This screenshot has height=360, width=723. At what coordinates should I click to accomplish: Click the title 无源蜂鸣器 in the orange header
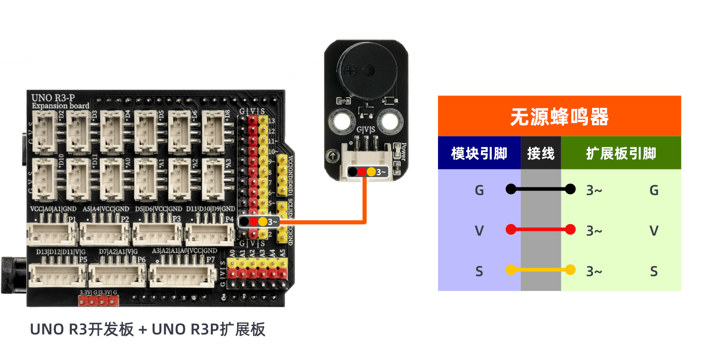click(559, 117)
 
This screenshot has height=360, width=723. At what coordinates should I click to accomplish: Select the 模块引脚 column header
click(479, 153)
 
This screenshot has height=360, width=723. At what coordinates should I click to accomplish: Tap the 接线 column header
click(541, 153)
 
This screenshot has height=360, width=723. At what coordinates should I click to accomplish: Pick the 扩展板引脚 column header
click(621, 153)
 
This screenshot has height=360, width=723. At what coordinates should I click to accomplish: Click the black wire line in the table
click(541, 189)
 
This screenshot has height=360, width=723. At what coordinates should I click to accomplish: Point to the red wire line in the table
click(541, 229)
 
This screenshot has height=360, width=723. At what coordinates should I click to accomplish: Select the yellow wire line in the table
click(541, 270)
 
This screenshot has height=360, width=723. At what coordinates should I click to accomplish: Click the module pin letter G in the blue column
click(479, 190)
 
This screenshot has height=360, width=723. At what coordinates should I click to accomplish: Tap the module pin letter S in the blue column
click(479, 271)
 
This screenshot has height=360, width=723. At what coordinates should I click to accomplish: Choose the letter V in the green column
click(653, 231)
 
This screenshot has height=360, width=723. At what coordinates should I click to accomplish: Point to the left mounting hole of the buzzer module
click(342, 121)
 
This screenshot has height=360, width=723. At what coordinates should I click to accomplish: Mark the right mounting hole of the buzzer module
click(389, 121)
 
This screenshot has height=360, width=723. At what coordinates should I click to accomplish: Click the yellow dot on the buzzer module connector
click(371, 172)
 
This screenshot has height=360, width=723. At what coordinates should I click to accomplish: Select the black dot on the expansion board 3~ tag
click(244, 222)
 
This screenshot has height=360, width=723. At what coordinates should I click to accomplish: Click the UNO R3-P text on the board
click(53, 98)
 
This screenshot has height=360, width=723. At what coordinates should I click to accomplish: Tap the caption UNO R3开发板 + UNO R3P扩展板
click(147, 329)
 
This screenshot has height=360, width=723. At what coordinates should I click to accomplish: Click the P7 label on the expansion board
click(210, 260)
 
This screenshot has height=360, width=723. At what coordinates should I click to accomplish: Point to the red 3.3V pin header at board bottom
click(98, 301)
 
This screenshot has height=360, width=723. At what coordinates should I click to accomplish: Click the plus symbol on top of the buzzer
click(350, 70)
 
